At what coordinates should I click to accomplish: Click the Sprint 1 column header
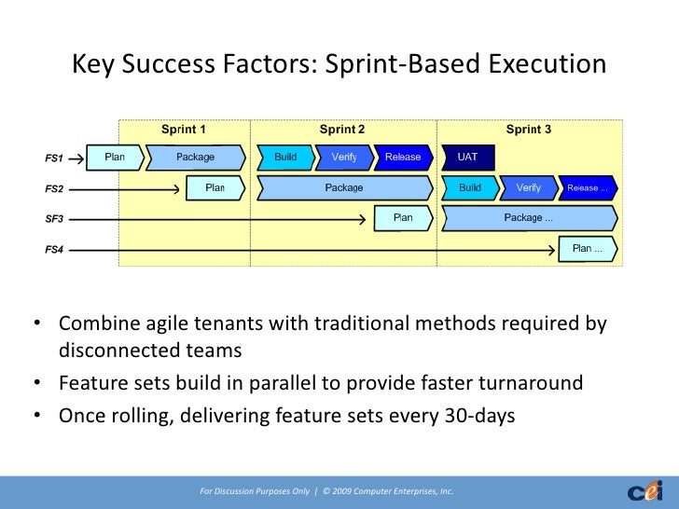[x=183, y=130]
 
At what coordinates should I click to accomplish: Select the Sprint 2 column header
[x=342, y=130]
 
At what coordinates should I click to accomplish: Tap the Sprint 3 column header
[x=529, y=130]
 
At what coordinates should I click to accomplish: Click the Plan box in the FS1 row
[x=115, y=158]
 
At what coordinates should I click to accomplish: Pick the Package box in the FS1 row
[x=196, y=158]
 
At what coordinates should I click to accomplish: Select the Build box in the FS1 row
[x=285, y=158]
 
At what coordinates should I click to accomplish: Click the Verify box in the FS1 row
[x=344, y=158]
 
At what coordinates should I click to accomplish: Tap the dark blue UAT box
[x=467, y=158]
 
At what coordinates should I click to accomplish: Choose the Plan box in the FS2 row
[x=215, y=188]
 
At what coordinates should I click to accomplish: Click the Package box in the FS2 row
[x=345, y=188]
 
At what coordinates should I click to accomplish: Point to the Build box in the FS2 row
[x=470, y=188]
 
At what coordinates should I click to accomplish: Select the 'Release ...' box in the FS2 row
[x=588, y=188]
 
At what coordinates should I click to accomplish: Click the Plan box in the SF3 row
[x=403, y=218]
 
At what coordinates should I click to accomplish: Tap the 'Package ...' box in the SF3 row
[x=529, y=218]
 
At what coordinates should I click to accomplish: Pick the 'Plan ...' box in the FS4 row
[x=588, y=249]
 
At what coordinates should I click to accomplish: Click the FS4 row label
[x=54, y=250]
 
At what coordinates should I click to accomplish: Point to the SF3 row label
[x=54, y=219]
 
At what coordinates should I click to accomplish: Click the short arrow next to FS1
[x=76, y=158]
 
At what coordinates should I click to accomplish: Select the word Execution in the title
[x=547, y=63]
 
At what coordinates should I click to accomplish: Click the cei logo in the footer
[x=645, y=491]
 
